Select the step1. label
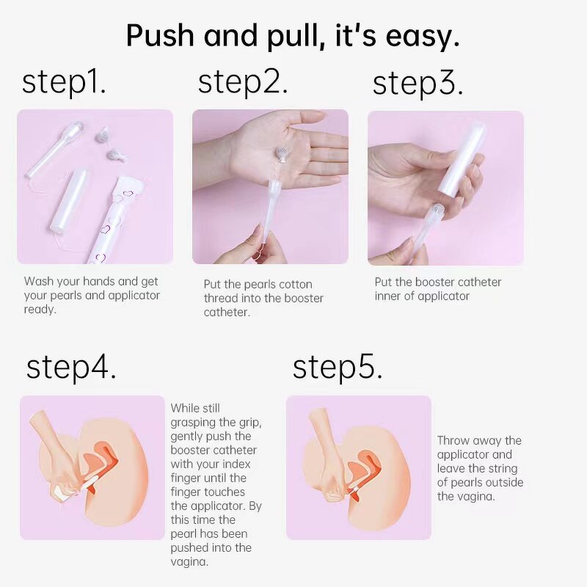point(65,82)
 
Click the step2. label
point(243,82)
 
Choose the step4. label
point(71,367)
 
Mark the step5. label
point(338,367)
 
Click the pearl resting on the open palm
point(280,152)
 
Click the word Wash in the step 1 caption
point(39,281)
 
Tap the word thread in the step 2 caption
point(220,298)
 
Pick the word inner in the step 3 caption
point(389,296)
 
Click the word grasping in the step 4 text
point(193,422)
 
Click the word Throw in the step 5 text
point(453,440)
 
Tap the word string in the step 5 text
point(503,468)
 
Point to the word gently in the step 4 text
point(187,436)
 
